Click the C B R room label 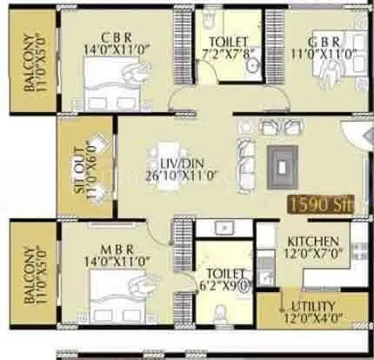(x=118, y=36)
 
